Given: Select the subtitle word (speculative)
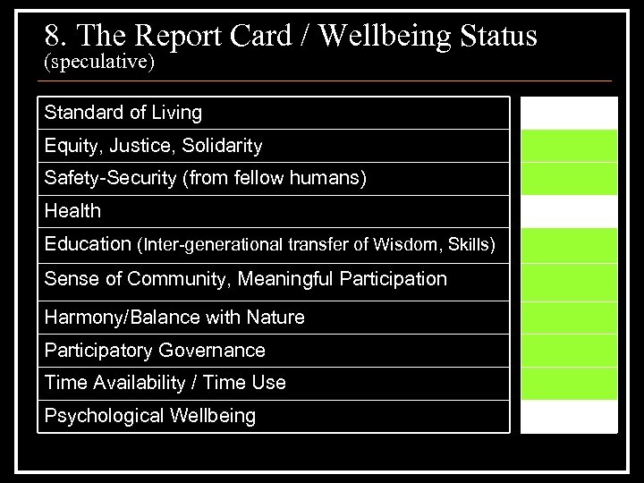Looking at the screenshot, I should point(98,63).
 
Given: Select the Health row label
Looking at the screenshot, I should point(72,211).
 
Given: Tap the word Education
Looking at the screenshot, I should point(87,244).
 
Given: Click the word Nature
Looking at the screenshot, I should point(277,318).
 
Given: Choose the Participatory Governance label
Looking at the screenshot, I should point(155,350).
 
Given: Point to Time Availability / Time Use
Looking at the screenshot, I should point(165,383).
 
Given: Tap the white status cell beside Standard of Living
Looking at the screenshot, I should point(569,113).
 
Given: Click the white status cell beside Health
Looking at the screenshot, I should point(569,211).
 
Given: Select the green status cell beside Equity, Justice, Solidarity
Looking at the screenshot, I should point(569,145).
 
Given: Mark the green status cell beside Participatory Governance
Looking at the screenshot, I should point(569,350).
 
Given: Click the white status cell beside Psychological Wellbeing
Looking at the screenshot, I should point(569,417).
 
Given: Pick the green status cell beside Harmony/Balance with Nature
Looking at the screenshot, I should point(569,318).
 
